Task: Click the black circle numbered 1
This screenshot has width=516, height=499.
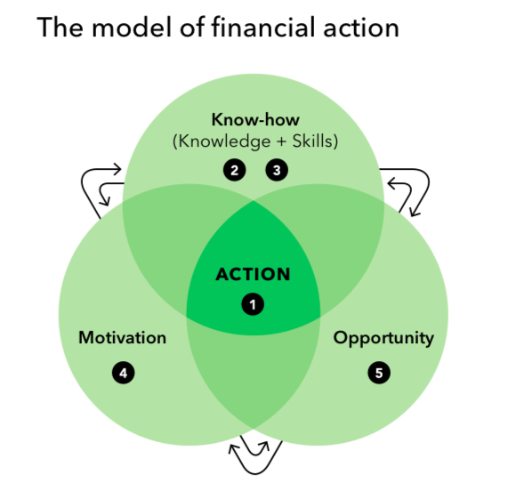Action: (x=253, y=304)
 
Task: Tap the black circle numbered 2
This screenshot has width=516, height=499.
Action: (x=234, y=170)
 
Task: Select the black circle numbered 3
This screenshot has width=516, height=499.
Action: (x=277, y=170)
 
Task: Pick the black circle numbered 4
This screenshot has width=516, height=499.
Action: (x=124, y=373)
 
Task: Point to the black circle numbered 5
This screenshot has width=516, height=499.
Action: (x=379, y=373)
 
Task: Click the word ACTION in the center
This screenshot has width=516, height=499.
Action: (x=253, y=274)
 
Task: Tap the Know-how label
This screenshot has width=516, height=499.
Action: (x=255, y=119)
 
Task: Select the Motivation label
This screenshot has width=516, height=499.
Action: (x=123, y=338)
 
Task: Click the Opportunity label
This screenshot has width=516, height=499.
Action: (x=383, y=339)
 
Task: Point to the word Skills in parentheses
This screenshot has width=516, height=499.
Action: (x=313, y=141)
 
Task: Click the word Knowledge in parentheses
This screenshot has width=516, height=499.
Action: (x=224, y=141)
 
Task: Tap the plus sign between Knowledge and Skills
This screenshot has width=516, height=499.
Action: (x=282, y=142)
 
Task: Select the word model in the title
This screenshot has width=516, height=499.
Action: (x=133, y=27)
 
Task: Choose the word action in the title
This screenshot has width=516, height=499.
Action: (x=361, y=28)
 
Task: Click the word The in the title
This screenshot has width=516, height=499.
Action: (x=60, y=28)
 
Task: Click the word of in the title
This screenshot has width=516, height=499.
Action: (x=192, y=27)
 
